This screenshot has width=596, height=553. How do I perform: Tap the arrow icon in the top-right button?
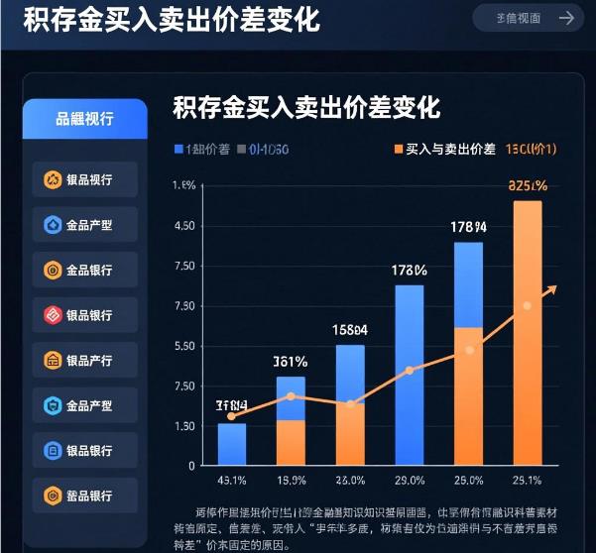[566, 17]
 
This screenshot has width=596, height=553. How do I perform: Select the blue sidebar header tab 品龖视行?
[84, 119]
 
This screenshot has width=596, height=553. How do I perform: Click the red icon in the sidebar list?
[53, 315]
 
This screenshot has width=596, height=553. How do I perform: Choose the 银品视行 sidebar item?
[84, 179]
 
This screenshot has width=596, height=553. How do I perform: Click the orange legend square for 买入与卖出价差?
[398, 150]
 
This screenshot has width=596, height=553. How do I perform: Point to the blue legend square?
[179, 150]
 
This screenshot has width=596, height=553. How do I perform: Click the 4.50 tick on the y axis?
[183, 226]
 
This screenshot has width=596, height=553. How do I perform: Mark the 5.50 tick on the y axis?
[183, 346]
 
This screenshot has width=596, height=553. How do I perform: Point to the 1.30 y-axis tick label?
[183, 426]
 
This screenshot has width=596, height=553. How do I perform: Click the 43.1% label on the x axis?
[231, 481]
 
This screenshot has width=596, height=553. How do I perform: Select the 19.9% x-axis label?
[291, 481]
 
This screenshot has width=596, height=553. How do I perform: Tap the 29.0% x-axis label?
[409, 481]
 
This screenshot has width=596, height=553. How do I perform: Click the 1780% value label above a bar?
[409, 270]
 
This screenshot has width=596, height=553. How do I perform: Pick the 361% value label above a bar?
[291, 361]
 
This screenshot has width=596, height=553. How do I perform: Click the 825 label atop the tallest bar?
[527, 184]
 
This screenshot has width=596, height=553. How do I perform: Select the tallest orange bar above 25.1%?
[527, 333]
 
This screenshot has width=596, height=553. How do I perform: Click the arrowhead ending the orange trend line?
[552, 287]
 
